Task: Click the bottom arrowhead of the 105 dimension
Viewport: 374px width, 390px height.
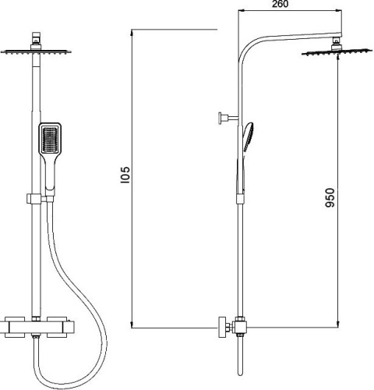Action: tap(134, 323)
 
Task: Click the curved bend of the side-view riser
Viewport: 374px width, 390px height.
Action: tap(244, 48)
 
